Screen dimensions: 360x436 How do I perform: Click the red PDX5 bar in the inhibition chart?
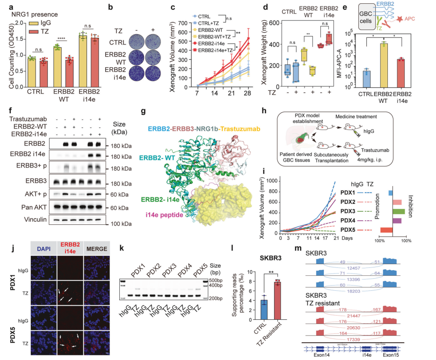tap(386, 230)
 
